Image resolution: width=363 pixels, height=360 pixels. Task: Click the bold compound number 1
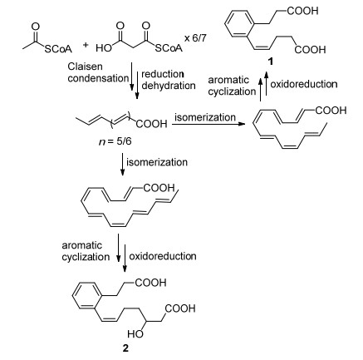click(x=271, y=62)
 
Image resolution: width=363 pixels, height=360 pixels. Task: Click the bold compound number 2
click(x=125, y=348)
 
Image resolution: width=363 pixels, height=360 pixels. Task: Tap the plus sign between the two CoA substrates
click(x=86, y=45)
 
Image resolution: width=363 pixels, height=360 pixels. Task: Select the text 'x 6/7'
click(x=195, y=38)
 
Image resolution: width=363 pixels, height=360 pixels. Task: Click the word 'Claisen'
click(x=86, y=67)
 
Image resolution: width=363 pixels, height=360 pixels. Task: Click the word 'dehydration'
click(x=169, y=86)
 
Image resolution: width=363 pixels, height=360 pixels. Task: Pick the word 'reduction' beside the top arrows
click(x=163, y=74)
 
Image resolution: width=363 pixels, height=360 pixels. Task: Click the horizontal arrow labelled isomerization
click(x=208, y=124)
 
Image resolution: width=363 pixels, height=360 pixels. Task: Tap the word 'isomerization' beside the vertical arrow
click(x=157, y=162)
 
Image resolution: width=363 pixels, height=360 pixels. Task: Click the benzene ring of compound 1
click(x=239, y=23)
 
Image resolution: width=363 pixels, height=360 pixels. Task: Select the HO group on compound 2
click(x=135, y=334)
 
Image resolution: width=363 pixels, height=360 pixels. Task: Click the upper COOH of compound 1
click(x=302, y=11)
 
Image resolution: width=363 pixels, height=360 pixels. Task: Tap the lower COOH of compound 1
click(x=310, y=50)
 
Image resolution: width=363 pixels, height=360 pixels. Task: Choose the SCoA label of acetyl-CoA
click(x=58, y=49)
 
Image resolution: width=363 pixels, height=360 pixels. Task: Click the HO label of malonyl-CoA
click(x=104, y=48)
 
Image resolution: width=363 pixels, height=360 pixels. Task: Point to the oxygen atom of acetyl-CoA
click(x=36, y=27)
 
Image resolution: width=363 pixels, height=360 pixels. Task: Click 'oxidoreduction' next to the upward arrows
click(x=304, y=84)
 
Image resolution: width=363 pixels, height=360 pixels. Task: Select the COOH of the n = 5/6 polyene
click(x=151, y=124)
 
